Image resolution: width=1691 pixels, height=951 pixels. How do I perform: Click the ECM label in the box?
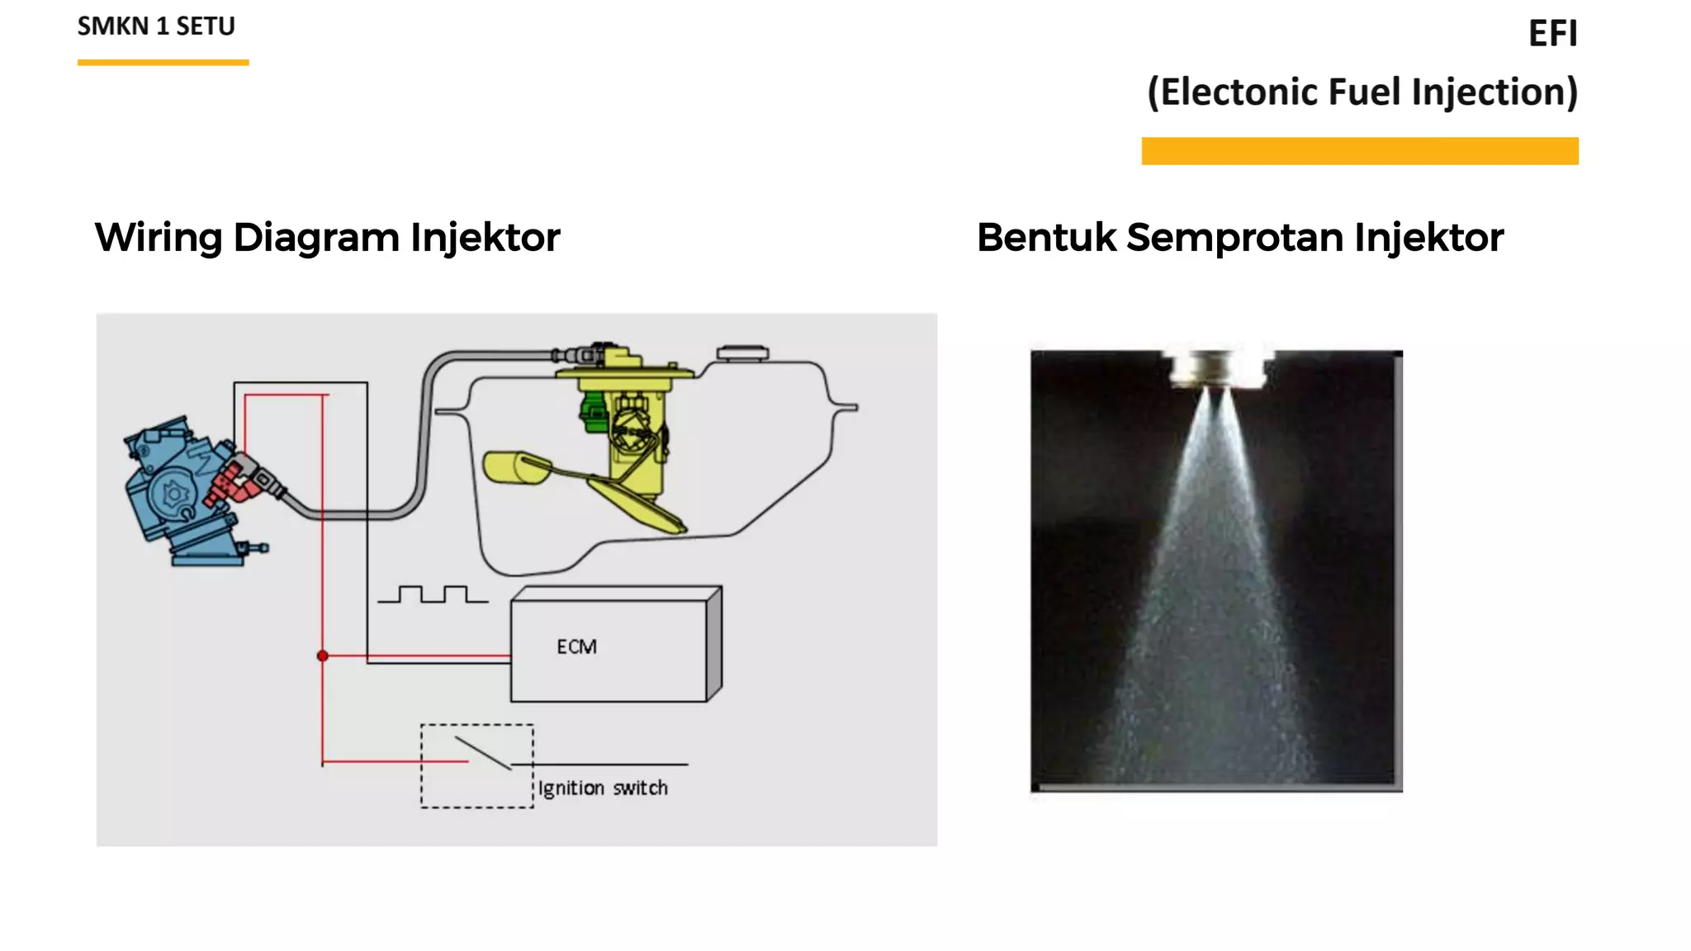[576, 646]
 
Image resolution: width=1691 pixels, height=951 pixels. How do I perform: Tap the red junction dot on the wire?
[323, 655]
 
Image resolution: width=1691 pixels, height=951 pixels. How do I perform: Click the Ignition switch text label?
[603, 788]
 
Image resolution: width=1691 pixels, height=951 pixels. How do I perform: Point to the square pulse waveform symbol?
[433, 594]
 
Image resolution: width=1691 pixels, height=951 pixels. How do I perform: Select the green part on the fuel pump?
[592, 413]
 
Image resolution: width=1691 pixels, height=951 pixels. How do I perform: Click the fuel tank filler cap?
[742, 353]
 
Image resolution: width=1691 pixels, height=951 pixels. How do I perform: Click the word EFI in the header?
[1552, 34]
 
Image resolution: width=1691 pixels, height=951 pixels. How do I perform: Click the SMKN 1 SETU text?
[156, 26]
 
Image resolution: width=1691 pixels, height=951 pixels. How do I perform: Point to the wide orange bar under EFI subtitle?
[1359, 151]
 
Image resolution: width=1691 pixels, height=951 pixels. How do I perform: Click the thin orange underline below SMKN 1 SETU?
[163, 62]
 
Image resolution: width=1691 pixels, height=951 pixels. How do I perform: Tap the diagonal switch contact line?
[483, 753]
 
